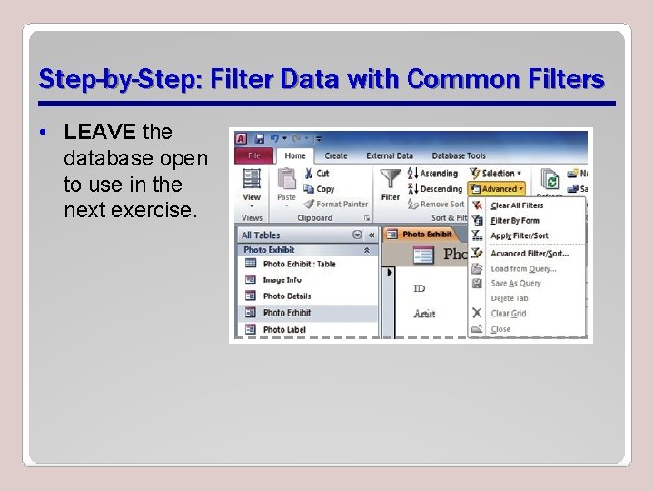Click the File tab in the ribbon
click(254, 155)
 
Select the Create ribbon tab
click(336, 155)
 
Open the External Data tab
click(391, 155)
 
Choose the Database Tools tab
click(459, 155)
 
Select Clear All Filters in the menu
click(517, 205)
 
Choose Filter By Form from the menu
click(514, 221)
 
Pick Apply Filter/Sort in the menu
click(519, 235)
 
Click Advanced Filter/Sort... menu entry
click(529, 254)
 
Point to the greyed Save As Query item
click(515, 283)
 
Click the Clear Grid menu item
click(508, 314)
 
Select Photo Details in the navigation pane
click(286, 296)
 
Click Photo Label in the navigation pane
click(284, 329)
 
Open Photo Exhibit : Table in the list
click(299, 264)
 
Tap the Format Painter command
click(341, 205)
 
